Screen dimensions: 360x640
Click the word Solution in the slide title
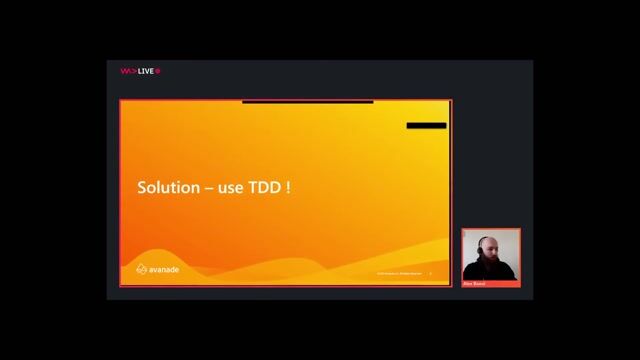point(167,188)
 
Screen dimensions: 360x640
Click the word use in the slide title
point(231,188)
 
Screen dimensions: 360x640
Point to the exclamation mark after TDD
point(288,188)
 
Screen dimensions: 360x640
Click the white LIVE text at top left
point(145,71)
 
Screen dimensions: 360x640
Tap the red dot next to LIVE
point(158,71)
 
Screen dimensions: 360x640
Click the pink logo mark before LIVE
point(127,71)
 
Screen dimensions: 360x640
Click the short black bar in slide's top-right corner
point(426,126)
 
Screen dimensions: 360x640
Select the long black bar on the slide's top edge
point(307,101)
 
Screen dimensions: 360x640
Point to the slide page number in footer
point(430,273)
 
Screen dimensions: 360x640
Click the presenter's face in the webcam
point(487,250)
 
